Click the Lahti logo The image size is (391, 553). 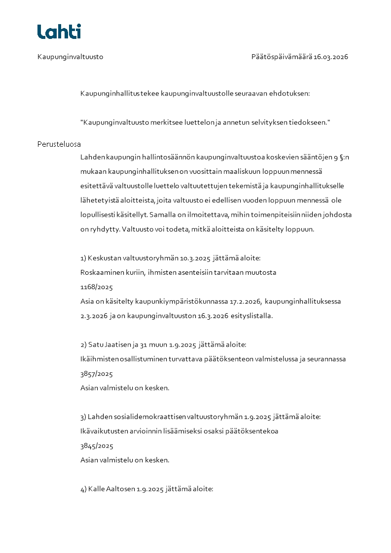tap(59, 32)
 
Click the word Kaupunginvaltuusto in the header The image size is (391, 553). tap(70, 57)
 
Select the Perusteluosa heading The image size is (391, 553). tap(59, 144)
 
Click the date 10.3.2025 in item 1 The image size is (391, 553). tap(195, 258)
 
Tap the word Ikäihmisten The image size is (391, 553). tap(99, 359)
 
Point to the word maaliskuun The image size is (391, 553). tap(250, 172)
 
